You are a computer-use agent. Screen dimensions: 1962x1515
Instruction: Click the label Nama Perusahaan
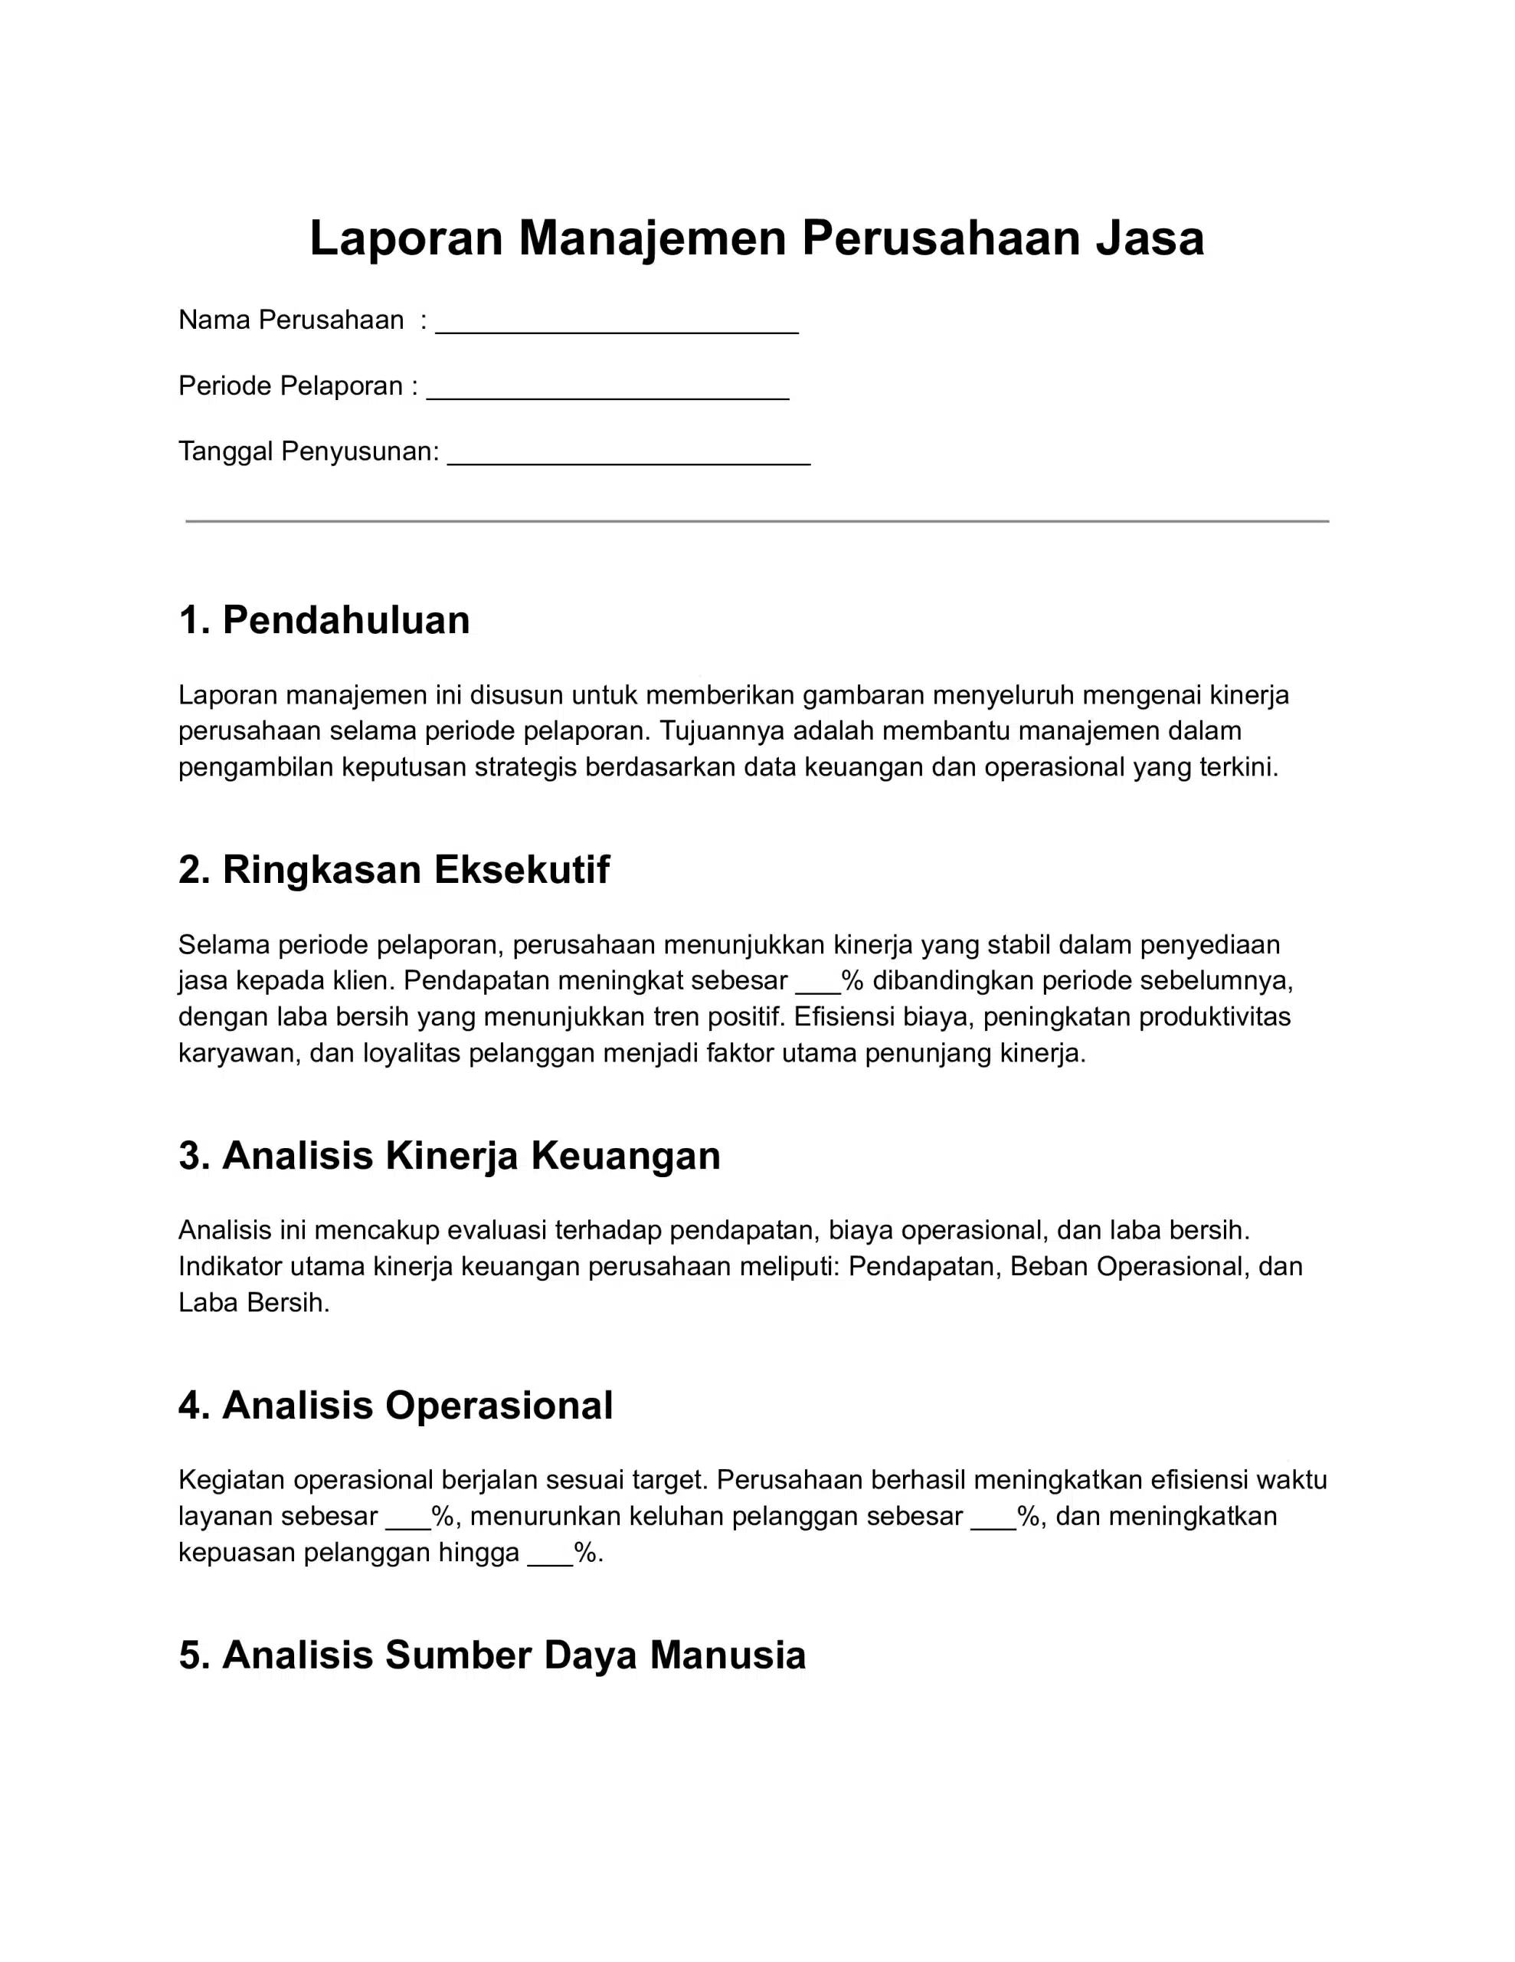[x=290, y=320]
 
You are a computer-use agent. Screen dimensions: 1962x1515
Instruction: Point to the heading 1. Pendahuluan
[x=323, y=620]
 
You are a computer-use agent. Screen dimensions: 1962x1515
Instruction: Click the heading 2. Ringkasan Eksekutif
[x=394, y=870]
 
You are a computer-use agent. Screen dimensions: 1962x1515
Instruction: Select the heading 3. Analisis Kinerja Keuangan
[x=449, y=1155]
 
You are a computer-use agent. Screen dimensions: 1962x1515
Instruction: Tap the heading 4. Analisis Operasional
[x=395, y=1405]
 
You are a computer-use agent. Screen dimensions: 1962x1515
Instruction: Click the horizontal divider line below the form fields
[x=756, y=521]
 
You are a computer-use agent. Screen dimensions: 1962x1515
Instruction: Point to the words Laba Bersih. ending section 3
[x=254, y=1303]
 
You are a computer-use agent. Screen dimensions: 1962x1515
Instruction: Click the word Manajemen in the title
[x=652, y=238]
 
